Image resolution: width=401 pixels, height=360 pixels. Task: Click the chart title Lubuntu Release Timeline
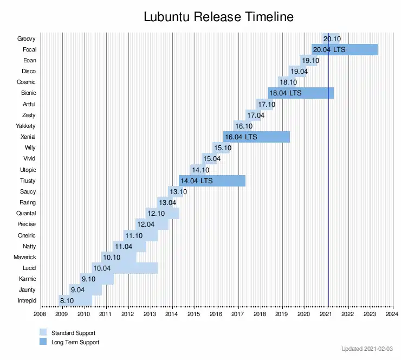coord(218,17)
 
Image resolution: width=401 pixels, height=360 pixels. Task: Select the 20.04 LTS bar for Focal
coord(344,49)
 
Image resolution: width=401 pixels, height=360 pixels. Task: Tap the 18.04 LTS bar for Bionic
coord(300,93)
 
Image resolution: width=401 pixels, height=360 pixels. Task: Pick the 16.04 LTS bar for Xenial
coord(256,137)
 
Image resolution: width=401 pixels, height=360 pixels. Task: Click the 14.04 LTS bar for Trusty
coord(212,181)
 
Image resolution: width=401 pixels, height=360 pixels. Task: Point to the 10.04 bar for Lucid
coord(125,268)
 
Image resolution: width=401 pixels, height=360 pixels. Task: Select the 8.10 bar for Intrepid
coord(75,301)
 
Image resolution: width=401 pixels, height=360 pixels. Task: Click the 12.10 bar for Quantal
coord(162,213)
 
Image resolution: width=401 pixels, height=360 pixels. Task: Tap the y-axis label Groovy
coord(26,38)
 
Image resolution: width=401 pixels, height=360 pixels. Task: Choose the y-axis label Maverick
coord(24,257)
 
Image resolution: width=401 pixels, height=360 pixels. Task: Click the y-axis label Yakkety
coord(25,126)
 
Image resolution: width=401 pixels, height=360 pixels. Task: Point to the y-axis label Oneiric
coord(26,235)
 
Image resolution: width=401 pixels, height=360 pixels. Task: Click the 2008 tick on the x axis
coord(40,314)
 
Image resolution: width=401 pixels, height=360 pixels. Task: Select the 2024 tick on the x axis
coord(392,314)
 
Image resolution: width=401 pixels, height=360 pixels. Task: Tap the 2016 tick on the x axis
coord(216,314)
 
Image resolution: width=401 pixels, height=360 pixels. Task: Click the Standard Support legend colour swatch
coord(43,332)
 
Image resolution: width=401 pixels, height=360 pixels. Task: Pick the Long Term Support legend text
coord(75,342)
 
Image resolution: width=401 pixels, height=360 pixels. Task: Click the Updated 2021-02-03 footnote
coord(367,349)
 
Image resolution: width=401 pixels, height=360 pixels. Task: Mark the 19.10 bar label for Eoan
coord(311,61)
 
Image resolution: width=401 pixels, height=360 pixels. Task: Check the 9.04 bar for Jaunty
coord(86,290)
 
